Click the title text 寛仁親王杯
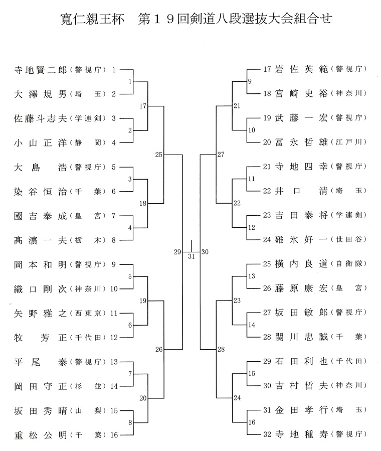[92, 19]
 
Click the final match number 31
[192, 256]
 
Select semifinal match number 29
[177, 252]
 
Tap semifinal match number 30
[205, 252]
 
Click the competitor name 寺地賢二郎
[41, 70]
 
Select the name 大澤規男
[41, 94]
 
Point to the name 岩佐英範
[301, 69]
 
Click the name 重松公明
[41, 435]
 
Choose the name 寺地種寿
[301, 434]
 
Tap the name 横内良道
[301, 264]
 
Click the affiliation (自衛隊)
[348, 264]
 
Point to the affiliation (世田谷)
[348, 239]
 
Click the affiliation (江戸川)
[348, 142]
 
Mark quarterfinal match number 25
[159, 155]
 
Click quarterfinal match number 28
[221, 349]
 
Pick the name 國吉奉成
[41, 216]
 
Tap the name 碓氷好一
[301, 239]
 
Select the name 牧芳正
[41, 338]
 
